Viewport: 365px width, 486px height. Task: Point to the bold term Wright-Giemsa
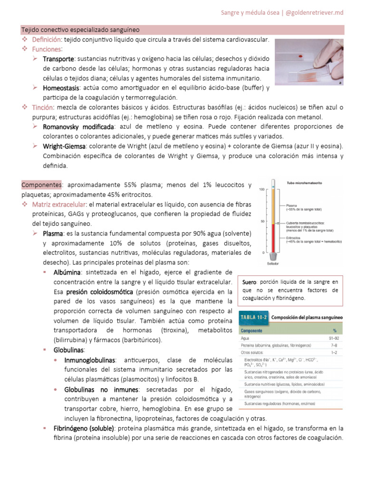click(64, 146)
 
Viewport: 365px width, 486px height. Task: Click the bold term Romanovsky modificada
click(78, 127)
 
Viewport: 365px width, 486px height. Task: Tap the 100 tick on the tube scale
click(260, 190)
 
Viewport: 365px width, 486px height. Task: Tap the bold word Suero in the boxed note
click(250, 282)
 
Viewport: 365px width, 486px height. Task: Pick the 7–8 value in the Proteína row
click(335, 346)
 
